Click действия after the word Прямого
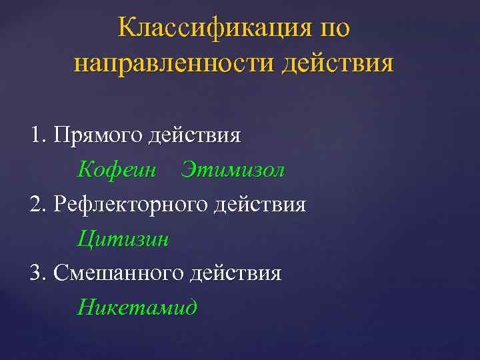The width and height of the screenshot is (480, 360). pyautogui.click(x=195, y=135)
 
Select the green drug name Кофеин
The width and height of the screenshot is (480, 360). pyautogui.click(x=116, y=170)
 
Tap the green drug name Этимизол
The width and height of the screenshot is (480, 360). pyautogui.click(x=233, y=170)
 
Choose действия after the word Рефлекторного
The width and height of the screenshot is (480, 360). pyautogui.click(x=260, y=204)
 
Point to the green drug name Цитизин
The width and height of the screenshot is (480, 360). pyautogui.click(x=123, y=239)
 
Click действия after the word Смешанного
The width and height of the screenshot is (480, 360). pyautogui.click(x=235, y=273)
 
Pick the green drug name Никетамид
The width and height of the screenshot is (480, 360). pyautogui.click(x=137, y=307)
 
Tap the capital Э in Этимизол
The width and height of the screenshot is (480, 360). pyautogui.click(x=187, y=170)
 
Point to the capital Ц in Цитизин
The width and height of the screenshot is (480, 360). pyautogui.click(x=84, y=239)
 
